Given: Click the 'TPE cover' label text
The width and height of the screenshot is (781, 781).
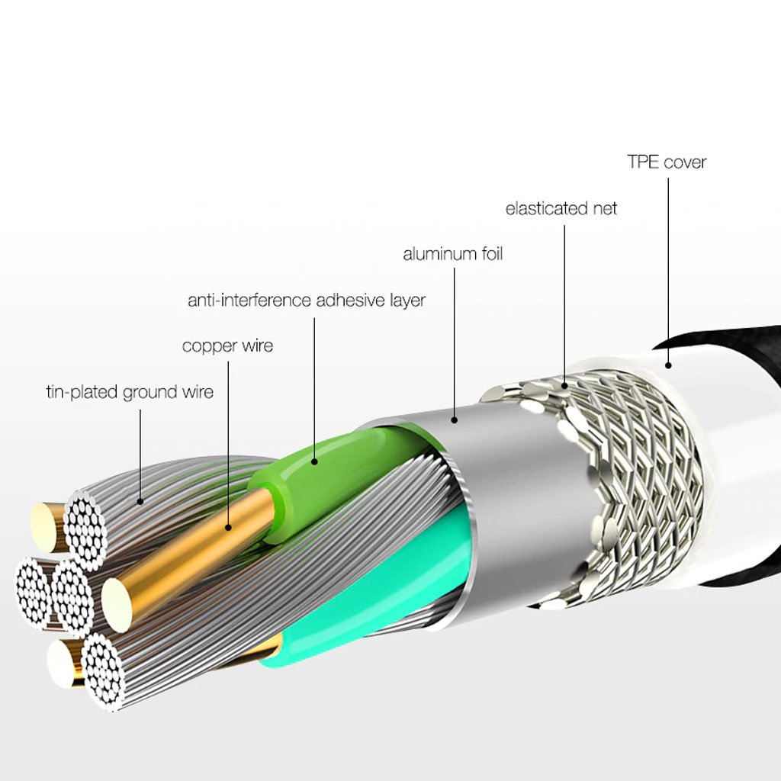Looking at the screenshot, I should tap(667, 162).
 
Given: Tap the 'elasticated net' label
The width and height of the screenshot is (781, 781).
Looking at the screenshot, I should tap(561, 208).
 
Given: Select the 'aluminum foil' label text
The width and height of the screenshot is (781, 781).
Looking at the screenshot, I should tap(453, 254).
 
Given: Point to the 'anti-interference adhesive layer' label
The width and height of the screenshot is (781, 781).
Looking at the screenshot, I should tap(307, 301).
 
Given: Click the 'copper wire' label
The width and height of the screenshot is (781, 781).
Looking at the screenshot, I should tap(227, 346).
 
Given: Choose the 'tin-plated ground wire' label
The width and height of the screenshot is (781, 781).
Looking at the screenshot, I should tap(130, 393).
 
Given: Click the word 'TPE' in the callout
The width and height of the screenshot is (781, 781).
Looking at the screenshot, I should tap(643, 162).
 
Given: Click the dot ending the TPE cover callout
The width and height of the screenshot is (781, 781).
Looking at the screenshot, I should tap(668, 365).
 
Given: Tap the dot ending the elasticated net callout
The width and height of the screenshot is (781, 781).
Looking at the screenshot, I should tap(565, 386).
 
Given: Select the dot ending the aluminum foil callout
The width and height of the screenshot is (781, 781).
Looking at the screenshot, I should tap(454, 418).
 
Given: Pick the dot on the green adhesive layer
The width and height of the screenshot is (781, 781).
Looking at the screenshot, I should tap(314, 461).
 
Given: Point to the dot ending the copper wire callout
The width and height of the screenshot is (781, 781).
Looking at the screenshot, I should tap(228, 526).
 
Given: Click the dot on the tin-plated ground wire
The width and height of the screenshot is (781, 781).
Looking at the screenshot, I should tap(140, 501).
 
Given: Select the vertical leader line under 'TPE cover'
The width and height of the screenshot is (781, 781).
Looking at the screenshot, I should tap(668, 267).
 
